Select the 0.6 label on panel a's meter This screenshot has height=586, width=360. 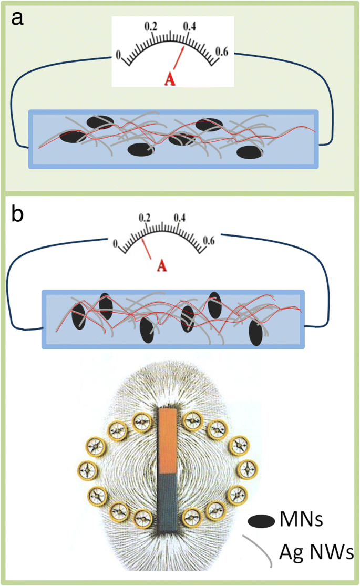pyautogui.click(x=222, y=52)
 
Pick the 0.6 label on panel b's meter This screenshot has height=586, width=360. pyautogui.click(x=209, y=241)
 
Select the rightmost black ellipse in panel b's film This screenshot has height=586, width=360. pyautogui.click(x=256, y=333)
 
